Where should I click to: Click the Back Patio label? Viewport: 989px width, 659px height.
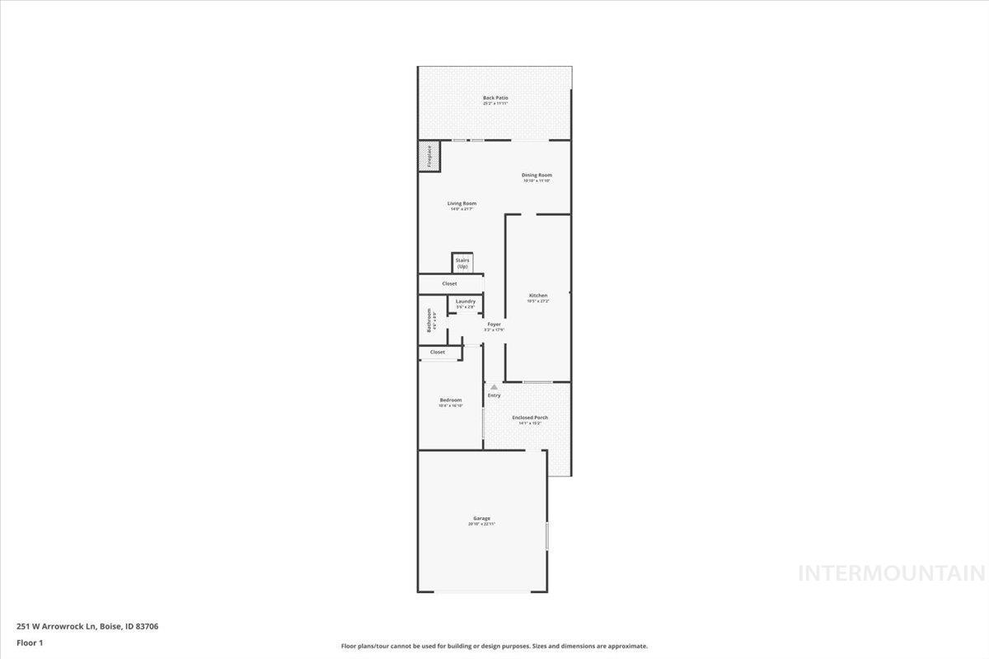pyautogui.click(x=495, y=98)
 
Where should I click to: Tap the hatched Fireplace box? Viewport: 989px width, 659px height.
pyautogui.click(x=429, y=157)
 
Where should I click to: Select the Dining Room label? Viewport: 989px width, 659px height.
pyautogui.click(x=537, y=175)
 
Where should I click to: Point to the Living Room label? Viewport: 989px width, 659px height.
pyautogui.click(x=462, y=203)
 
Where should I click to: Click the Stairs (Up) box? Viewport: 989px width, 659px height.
pyautogui.click(x=462, y=263)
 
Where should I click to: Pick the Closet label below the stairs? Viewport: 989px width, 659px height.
pyautogui.click(x=449, y=283)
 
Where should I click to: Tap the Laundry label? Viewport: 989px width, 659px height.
pyautogui.click(x=465, y=301)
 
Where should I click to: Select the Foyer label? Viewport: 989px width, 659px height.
pyautogui.click(x=494, y=325)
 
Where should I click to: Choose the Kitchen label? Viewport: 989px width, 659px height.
pyautogui.click(x=538, y=295)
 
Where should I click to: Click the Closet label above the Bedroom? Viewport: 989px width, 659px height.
pyautogui.click(x=438, y=352)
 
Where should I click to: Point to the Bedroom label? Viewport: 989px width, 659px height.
pyautogui.click(x=450, y=400)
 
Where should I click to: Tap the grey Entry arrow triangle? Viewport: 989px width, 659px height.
pyautogui.click(x=494, y=386)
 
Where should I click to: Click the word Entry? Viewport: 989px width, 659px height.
pyautogui.click(x=494, y=395)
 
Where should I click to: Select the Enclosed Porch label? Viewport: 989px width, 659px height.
pyautogui.click(x=529, y=418)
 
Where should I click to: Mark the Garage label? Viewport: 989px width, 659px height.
pyautogui.click(x=481, y=518)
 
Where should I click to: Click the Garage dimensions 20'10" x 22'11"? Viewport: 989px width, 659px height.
pyautogui.click(x=481, y=524)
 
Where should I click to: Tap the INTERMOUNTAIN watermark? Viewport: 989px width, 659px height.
pyautogui.click(x=892, y=573)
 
